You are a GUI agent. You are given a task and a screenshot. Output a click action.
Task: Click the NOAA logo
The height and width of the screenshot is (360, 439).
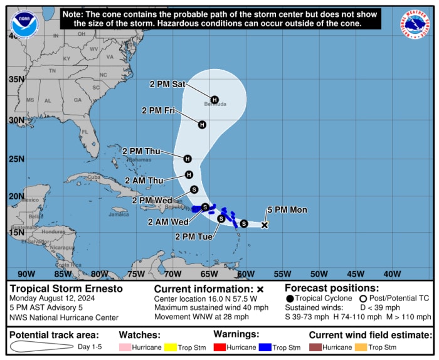tap(23, 26)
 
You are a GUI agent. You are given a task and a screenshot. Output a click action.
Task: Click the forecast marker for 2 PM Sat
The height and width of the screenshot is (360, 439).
tap(214, 100)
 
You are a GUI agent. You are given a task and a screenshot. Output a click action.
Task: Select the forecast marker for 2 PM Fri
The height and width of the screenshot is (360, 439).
tap(202, 125)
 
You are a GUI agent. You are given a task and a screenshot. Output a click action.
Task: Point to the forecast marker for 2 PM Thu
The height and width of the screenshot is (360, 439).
tap(188, 159)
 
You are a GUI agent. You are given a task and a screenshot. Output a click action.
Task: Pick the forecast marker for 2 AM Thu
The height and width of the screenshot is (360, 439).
tap(189, 175)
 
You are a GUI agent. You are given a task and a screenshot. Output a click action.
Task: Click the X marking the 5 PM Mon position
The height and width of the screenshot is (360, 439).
tap(265, 225)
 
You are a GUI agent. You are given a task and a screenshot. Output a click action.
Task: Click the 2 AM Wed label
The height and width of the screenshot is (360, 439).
tap(168, 221)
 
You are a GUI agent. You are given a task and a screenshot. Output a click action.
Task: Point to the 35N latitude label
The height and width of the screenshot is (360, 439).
tap(16, 80)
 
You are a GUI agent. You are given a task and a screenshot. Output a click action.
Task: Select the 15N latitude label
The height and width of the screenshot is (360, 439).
tap(16, 232)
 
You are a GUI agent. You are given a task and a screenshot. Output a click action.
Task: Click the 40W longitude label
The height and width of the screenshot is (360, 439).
tap(392, 273)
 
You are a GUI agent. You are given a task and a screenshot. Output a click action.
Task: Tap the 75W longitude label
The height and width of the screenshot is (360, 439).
tap(136, 273)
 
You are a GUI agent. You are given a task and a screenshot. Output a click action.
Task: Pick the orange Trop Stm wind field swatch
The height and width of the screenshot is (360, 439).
tap(362, 347)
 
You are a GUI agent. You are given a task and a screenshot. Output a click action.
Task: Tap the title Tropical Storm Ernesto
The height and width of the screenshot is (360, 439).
tap(66, 289)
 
